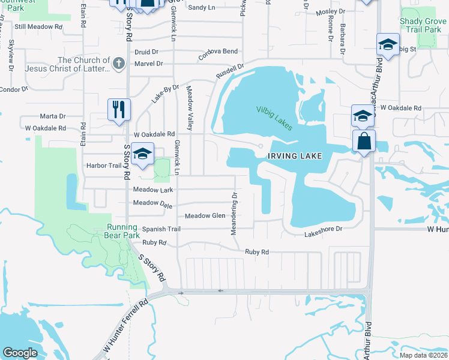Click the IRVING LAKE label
(x=295, y=156)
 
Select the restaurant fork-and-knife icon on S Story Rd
(x=118, y=109)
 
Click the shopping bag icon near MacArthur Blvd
(x=364, y=142)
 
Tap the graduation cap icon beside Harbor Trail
(x=142, y=154)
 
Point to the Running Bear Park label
(x=123, y=231)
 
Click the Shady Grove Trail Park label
(x=421, y=25)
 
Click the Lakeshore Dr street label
(x=322, y=229)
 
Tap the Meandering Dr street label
(x=235, y=213)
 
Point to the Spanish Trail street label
(x=161, y=229)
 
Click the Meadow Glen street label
(x=205, y=216)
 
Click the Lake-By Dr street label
(x=165, y=94)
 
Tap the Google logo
(x=20, y=353)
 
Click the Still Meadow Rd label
(x=38, y=27)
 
